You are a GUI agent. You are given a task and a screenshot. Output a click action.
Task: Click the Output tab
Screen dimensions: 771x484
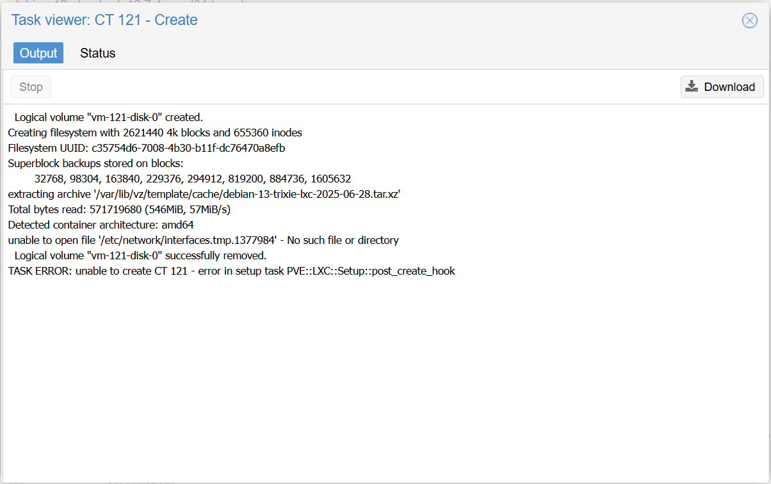click(38, 53)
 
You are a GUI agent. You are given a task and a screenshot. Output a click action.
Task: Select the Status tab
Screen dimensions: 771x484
click(98, 53)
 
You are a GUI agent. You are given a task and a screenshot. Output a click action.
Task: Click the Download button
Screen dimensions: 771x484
click(722, 86)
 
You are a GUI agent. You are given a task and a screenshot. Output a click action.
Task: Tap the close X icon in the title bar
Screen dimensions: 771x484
click(749, 20)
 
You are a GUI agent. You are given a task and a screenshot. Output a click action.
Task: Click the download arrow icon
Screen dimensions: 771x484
click(692, 86)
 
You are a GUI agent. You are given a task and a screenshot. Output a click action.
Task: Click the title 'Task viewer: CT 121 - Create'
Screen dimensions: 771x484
click(104, 20)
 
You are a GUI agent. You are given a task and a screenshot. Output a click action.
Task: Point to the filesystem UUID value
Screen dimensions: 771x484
click(188, 148)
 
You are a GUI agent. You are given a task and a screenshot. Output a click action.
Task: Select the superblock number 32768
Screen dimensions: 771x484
click(49, 179)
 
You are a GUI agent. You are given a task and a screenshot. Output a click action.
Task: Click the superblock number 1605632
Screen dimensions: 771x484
click(330, 179)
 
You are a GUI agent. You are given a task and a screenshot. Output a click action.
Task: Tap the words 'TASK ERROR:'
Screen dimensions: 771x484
click(40, 271)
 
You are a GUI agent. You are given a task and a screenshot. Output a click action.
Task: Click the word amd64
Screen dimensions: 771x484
click(177, 225)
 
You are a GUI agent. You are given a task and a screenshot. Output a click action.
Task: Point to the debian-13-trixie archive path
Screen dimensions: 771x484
click(247, 194)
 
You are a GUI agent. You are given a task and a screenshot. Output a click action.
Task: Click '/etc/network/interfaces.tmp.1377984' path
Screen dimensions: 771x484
click(188, 240)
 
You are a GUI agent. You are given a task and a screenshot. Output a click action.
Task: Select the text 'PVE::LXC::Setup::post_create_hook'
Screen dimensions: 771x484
click(371, 271)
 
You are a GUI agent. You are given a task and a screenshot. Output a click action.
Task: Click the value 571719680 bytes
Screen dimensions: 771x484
click(115, 209)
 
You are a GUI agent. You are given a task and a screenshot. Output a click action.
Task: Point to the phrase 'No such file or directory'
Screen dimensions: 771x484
click(343, 240)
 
